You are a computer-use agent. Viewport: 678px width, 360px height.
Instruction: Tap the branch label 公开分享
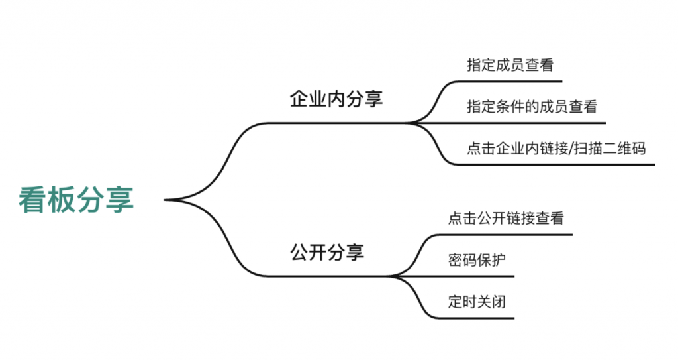tap(327, 253)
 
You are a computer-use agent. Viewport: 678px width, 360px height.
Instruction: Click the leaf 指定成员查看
tap(510, 65)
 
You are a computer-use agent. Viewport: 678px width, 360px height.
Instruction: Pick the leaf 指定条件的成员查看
tap(532, 106)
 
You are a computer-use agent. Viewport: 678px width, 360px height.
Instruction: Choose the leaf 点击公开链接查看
tap(506, 218)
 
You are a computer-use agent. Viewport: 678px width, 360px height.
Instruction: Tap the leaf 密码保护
tap(477, 259)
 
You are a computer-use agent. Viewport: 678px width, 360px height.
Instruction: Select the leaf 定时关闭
tap(477, 301)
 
